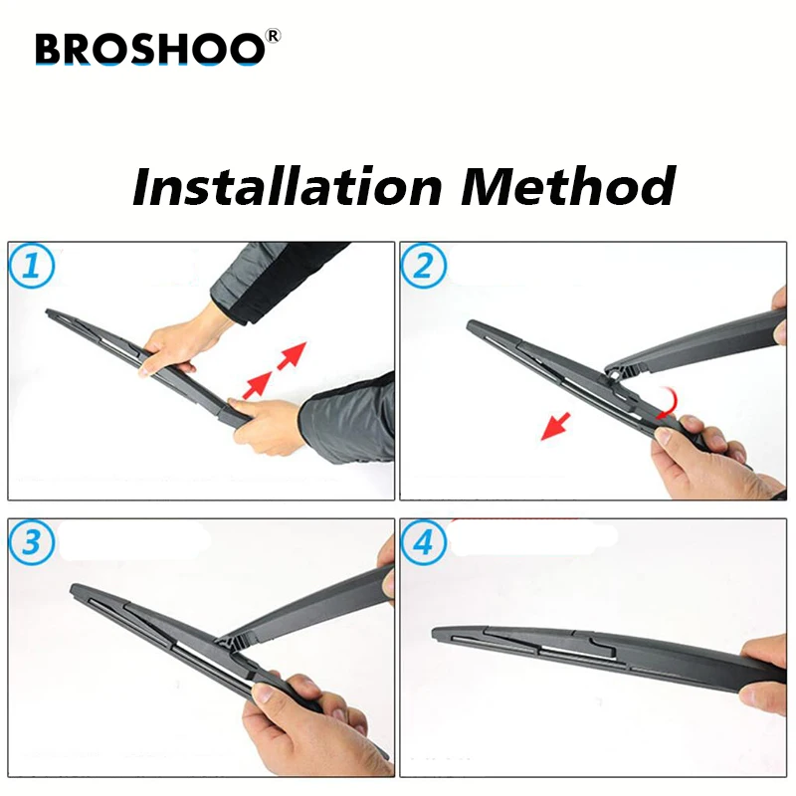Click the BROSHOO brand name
pos(149,47)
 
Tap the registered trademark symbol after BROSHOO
pos(274,37)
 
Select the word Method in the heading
pos(566,185)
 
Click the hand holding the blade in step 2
pos(696,458)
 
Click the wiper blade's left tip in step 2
pos(471,324)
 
